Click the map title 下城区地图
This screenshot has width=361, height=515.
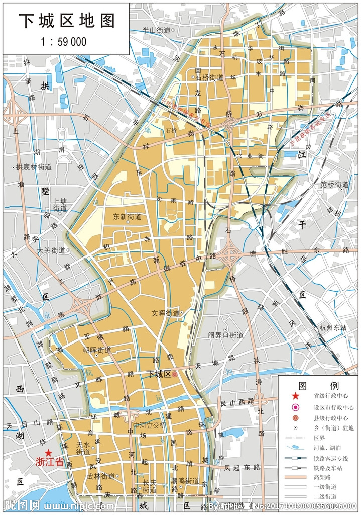point(67,20)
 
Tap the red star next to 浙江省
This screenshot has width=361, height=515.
point(48,453)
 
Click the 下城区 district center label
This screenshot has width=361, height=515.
point(159,374)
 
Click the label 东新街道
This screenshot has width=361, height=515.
point(127,217)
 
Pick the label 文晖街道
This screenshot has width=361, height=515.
point(165,313)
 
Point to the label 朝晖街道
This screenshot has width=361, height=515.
point(97,350)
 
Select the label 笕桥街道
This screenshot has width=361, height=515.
point(334,185)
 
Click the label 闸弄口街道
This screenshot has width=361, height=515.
point(226,335)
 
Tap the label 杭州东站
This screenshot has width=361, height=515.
point(333,327)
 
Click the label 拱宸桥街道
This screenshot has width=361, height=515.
point(34,167)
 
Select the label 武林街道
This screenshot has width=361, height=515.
point(100,476)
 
